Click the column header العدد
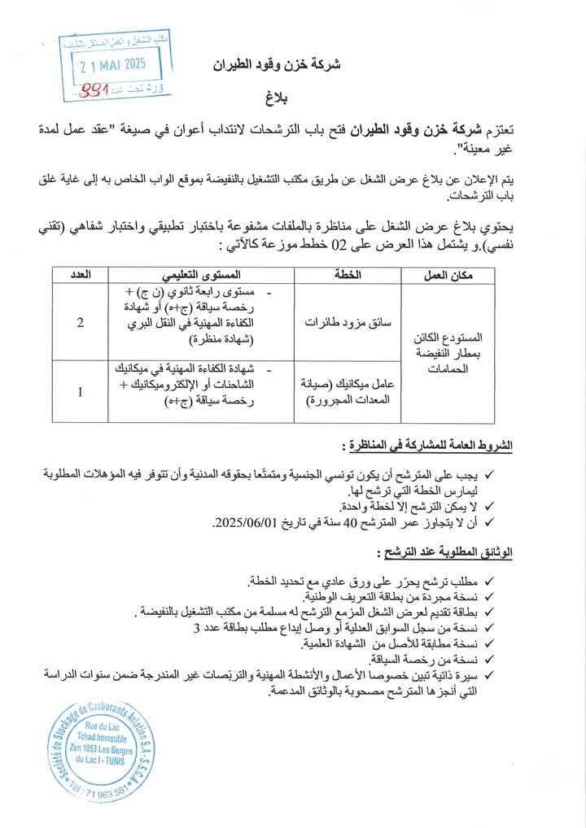pyautogui.click(x=80, y=275)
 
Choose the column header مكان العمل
pyautogui.click(x=448, y=275)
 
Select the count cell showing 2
pyautogui.click(x=81, y=323)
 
